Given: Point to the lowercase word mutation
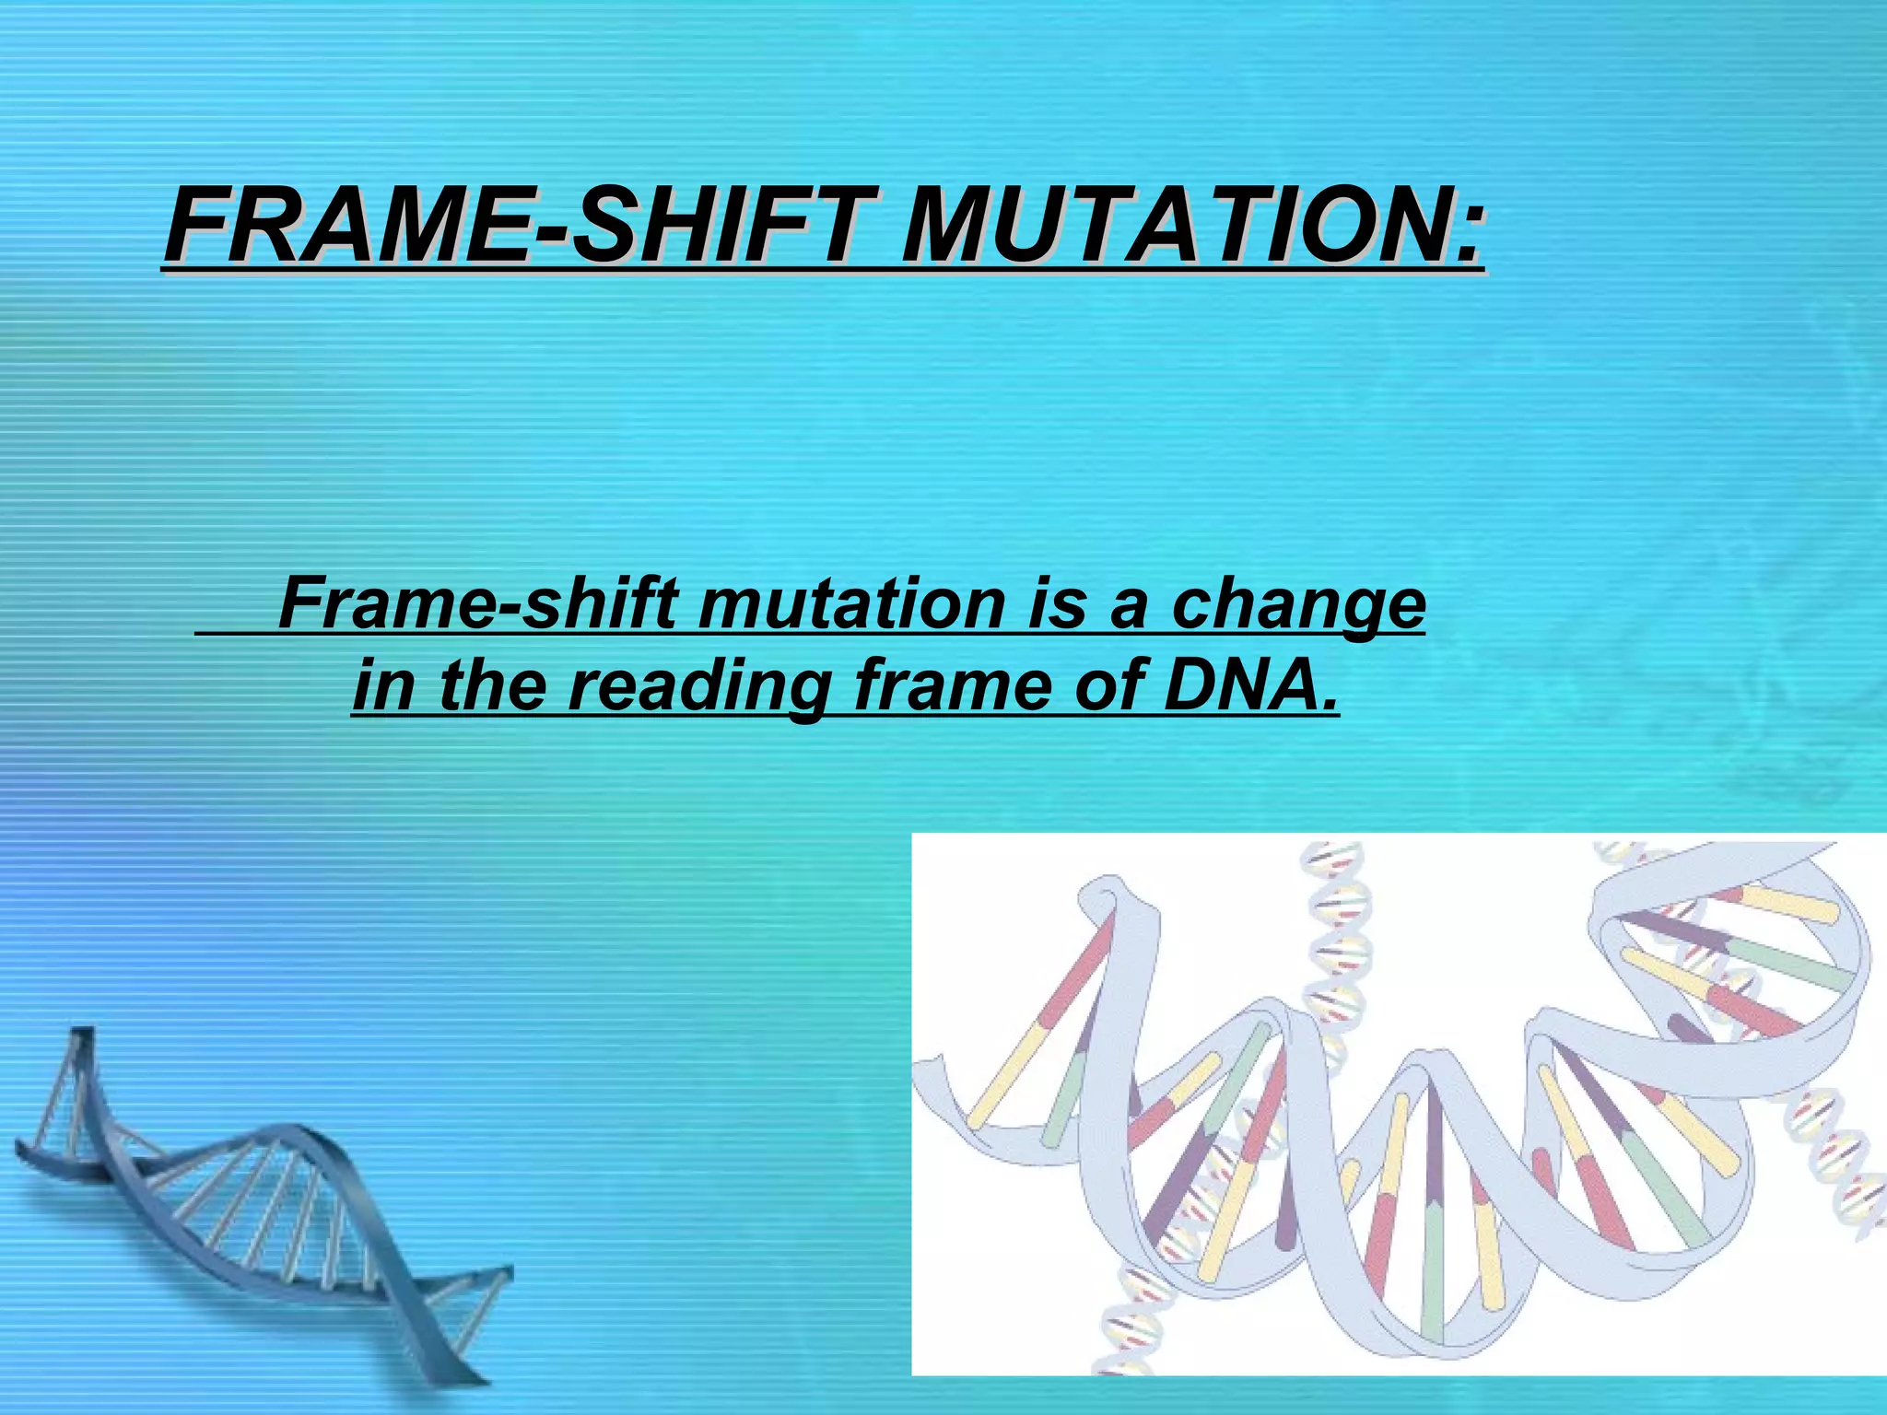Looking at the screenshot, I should [852, 603].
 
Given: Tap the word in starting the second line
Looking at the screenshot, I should [381, 686].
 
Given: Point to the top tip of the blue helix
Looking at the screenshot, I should [81, 1034].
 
